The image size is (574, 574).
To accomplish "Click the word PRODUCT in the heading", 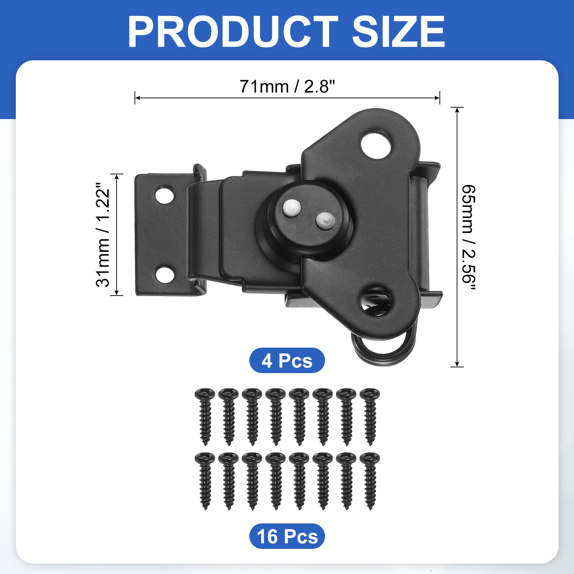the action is coord(233,32).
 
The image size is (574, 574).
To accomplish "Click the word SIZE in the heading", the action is coord(399,32).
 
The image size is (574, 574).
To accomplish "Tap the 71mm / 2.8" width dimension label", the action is coord(287,86).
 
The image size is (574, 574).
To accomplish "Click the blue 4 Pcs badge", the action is coord(287,361).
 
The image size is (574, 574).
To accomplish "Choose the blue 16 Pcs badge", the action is coord(287,536).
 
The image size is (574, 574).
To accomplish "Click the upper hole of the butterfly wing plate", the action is coord(376,144).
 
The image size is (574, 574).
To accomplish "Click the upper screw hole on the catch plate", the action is coord(165,195).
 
